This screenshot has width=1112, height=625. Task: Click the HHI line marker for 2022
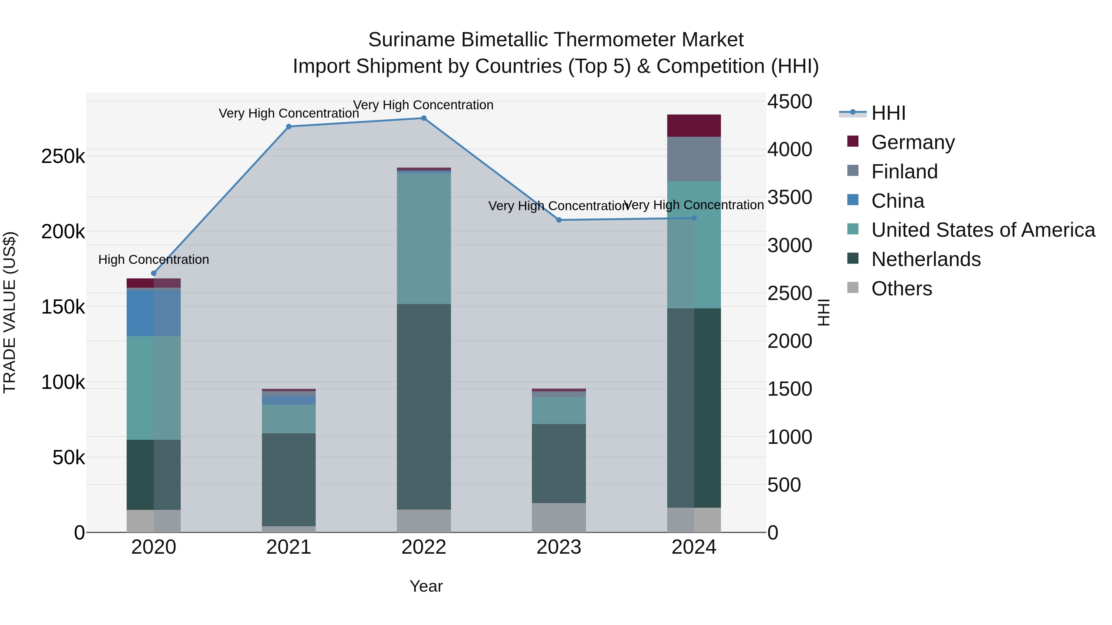click(423, 118)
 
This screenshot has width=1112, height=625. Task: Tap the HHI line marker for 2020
click(154, 273)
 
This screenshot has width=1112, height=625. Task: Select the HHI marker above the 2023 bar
click(558, 220)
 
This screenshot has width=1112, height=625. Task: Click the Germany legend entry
click(912, 142)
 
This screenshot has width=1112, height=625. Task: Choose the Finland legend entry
click(904, 172)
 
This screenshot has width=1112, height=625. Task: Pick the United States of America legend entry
click(983, 230)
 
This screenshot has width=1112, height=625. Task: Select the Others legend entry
click(901, 289)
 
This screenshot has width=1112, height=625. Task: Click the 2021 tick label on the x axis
click(289, 547)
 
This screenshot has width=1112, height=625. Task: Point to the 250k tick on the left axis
click(63, 156)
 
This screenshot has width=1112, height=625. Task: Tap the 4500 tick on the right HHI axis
click(790, 102)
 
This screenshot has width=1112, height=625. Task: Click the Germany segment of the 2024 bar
click(694, 126)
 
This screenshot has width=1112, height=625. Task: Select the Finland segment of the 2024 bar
click(694, 159)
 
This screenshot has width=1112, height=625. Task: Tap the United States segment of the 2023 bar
click(558, 410)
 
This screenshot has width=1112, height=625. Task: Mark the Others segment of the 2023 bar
click(558, 517)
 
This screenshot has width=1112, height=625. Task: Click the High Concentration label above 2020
click(154, 260)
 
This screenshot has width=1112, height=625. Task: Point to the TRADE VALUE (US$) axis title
click(10, 312)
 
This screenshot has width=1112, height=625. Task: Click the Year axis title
click(426, 586)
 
